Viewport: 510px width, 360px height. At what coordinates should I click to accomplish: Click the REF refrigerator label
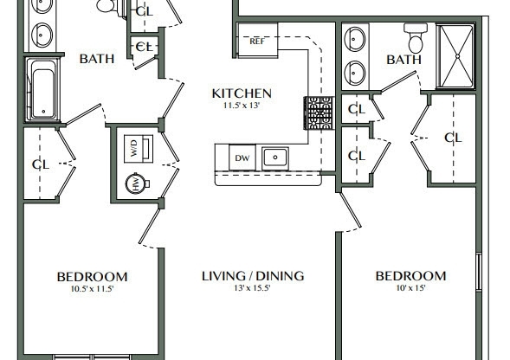(256, 41)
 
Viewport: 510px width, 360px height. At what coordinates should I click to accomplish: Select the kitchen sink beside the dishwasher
(275, 157)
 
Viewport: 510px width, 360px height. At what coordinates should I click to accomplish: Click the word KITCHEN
(242, 93)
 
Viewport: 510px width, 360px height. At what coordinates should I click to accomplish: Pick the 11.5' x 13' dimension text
(242, 106)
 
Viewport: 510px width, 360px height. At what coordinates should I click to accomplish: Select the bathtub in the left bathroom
(42, 89)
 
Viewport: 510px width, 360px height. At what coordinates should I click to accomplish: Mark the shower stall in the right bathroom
(455, 56)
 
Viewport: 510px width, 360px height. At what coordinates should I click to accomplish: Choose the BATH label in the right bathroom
(403, 60)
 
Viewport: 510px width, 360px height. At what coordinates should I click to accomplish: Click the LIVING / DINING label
(253, 277)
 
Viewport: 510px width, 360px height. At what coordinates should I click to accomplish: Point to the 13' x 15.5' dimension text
(253, 290)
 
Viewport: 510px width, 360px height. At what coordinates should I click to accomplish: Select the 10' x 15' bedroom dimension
(410, 290)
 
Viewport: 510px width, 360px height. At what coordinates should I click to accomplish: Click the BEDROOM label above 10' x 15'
(410, 277)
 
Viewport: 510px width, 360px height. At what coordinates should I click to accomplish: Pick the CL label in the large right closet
(453, 138)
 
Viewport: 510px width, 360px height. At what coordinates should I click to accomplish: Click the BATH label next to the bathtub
(97, 59)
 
